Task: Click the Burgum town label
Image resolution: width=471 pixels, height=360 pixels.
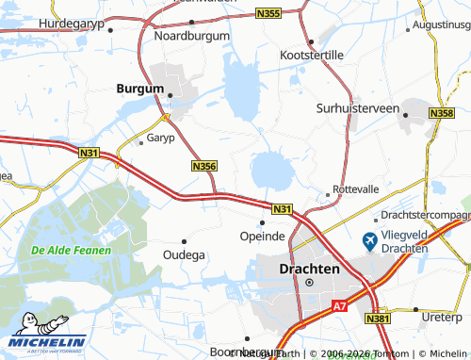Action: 139,88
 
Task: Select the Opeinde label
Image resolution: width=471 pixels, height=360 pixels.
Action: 262,236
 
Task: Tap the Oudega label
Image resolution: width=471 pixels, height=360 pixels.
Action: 184,254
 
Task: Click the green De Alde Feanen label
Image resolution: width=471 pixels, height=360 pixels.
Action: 71,251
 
